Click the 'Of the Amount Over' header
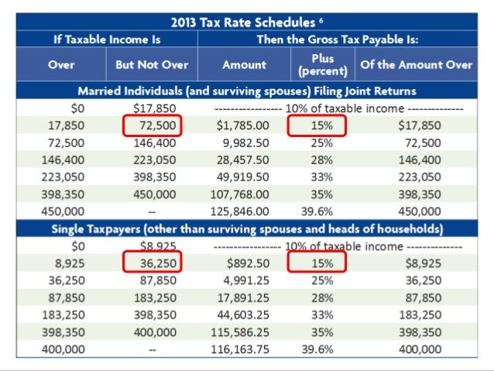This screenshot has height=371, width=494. tap(416, 64)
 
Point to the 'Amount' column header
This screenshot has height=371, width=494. tap(244, 64)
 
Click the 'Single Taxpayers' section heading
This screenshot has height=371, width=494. tap(247, 228)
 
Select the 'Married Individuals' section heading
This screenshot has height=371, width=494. tap(247, 91)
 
